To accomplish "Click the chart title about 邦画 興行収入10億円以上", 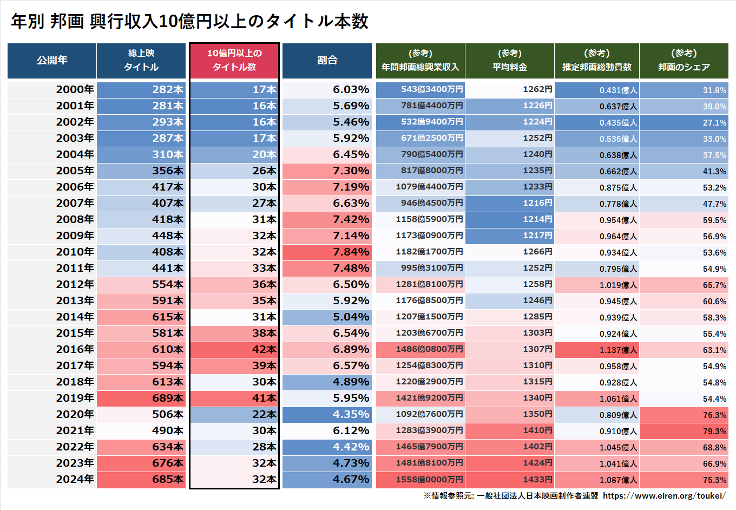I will [189, 21].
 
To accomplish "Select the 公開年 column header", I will [52, 60].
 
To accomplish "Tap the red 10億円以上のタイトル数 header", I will [234, 60].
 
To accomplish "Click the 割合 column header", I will [327, 60].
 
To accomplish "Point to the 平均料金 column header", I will [509, 60].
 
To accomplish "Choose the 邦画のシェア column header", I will [684, 60].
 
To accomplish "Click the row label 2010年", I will [75, 252].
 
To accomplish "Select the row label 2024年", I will [75, 479].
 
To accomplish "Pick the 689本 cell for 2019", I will [168, 398].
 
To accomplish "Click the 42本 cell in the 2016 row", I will [264, 349].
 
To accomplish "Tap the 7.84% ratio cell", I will [351, 252].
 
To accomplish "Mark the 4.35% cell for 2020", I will [351, 414].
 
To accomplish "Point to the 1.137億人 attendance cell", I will [618, 350].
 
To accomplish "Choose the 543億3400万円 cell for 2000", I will [432, 89].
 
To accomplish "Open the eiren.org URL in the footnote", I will [664, 495].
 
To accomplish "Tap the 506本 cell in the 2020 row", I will [168, 414].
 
